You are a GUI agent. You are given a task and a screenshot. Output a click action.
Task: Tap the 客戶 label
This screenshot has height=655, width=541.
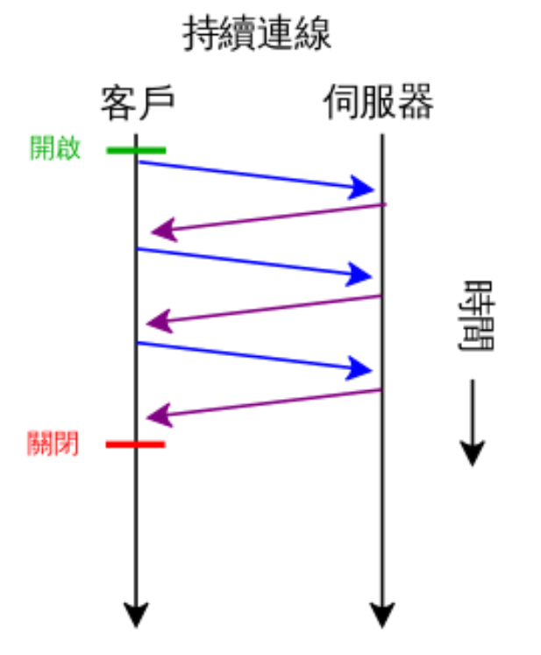(138, 103)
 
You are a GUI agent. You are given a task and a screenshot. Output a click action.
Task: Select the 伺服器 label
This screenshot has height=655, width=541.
(378, 103)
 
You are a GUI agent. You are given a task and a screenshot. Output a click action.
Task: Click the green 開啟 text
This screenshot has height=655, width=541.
(54, 148)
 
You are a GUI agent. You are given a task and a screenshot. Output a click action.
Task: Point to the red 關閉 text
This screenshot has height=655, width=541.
(53, 444)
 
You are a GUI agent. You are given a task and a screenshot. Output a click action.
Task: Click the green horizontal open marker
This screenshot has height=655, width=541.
(136, 150)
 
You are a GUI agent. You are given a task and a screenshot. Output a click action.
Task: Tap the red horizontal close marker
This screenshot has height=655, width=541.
(136, 445)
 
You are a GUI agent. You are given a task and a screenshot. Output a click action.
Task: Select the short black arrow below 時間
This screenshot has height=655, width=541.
(473, 421)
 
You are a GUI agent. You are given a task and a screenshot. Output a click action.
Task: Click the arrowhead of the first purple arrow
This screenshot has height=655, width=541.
(161, 231)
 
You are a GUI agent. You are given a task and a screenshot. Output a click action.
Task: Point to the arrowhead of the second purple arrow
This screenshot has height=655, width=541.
(159, 322)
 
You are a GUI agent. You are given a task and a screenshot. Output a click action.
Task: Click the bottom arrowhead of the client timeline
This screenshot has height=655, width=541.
(136, 616)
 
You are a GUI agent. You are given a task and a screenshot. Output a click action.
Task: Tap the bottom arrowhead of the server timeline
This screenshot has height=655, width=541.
(382, 616)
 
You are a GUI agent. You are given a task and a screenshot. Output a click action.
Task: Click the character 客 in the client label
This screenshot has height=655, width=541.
(117, 103)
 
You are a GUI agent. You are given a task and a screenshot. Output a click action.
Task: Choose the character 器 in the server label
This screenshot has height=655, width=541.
(415, 103)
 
